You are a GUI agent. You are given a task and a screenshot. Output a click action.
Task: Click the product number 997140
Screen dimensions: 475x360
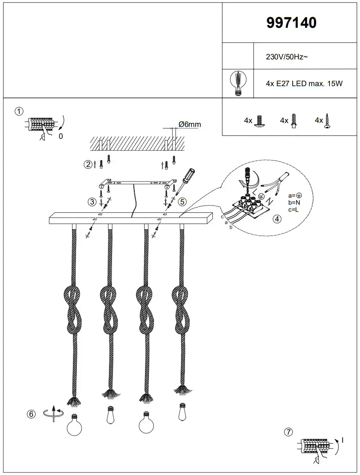coord(291,23)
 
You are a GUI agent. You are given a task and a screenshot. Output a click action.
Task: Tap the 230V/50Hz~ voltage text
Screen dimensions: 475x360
coord(287,57)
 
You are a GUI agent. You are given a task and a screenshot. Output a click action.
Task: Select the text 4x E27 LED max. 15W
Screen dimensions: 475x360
coord(304,84)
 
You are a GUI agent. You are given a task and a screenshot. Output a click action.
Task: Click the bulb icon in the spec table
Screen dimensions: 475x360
coord(238,83)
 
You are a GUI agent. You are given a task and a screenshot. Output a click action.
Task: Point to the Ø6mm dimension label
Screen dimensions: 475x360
coord(189,124)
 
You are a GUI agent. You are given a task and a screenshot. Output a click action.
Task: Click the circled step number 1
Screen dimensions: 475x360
coord(19,112)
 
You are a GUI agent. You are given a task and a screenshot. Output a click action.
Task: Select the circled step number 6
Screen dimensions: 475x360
coord(30,414)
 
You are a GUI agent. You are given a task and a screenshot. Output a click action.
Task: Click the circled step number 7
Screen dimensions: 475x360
coord(289,432)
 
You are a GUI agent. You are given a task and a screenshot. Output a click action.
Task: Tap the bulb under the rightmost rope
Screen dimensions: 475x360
coord(183,411)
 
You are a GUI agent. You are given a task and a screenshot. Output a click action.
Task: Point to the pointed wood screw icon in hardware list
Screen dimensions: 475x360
coord(328,121)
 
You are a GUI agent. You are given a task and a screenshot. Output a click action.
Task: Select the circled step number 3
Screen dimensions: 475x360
coord(92,201)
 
